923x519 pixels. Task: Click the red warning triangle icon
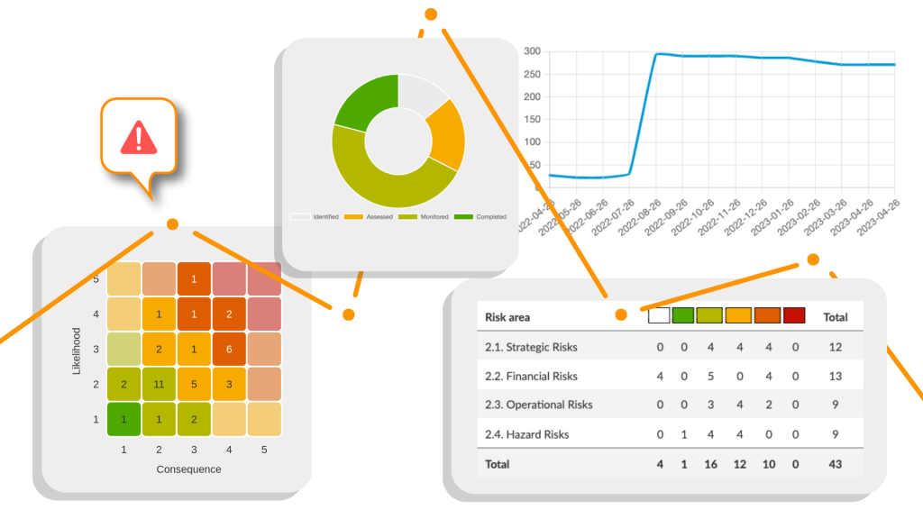tap(138, 138)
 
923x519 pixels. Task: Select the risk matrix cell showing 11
tap(159, 384)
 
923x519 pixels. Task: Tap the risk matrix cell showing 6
tap(229, 349)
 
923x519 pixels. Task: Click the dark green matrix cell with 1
tap(123, 419)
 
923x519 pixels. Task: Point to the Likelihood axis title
tap(78, 351)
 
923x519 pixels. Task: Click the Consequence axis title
tap(188, 469)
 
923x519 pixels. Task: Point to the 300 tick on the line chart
tap(532, 51)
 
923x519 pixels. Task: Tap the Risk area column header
tap(507, 317)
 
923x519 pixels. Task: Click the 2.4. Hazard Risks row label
tap(526, 434)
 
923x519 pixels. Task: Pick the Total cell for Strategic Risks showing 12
tap(835, 347)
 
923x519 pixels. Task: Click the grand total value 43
tap(835, 464)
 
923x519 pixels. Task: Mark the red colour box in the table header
tap(794, 316)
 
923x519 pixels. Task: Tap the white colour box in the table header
tap(659, 316)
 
